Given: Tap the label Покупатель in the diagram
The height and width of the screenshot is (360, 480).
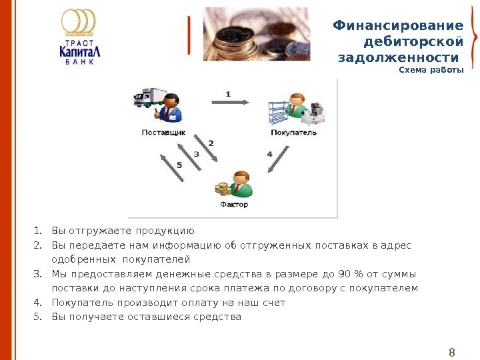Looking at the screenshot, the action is tap(294, 133).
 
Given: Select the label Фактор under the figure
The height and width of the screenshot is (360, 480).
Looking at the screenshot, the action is tap(234, 205).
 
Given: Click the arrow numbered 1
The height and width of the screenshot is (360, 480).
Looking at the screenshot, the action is tap(230, 102).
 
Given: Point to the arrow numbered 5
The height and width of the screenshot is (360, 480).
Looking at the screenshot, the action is tap(172, 167).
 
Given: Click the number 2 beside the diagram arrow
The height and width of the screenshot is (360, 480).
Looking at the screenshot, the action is tap(211, 143).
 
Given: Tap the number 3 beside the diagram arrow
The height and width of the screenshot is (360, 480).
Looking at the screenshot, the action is tap(196, 154).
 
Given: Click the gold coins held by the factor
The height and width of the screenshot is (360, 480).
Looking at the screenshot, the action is tap(221, 190).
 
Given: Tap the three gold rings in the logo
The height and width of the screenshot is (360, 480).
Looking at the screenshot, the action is tap(79, 21).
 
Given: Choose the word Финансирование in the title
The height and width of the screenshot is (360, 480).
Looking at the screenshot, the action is tap(398, 26).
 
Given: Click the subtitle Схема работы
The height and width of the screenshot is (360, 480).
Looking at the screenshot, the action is tap(431, 70).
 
